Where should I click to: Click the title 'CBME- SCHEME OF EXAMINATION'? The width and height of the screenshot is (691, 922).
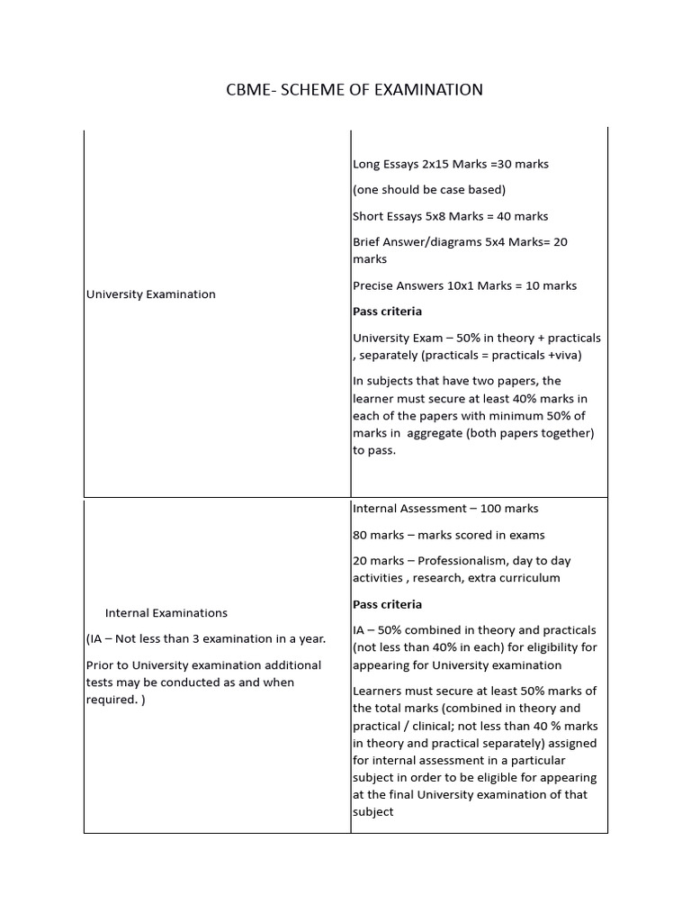tap(354, 89)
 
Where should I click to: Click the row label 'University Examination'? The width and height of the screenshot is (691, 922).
tap(150, 294)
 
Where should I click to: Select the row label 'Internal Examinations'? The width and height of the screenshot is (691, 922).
tap(166, 613)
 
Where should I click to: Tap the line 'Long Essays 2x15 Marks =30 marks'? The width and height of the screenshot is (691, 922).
tap(451, 164)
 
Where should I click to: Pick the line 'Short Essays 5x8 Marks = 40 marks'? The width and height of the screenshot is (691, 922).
tap(450, 216)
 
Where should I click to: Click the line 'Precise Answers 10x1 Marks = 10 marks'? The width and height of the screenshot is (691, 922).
tap(464, 285)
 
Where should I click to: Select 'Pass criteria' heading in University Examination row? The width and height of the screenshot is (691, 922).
tap(387, 312)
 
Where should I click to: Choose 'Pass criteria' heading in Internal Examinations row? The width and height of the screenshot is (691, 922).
tap(387, 604)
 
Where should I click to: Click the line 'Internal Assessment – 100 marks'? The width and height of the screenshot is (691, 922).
tap(445, 509)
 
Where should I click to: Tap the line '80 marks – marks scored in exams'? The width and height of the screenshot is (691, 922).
tap(448, 535)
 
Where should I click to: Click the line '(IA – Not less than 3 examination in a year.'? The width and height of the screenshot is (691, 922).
tap(206, 639)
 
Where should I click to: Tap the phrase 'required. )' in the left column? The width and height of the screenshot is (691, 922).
tap(114, 700)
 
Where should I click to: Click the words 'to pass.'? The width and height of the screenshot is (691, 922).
tap(373, 450)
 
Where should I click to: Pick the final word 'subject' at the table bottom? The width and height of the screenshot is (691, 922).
tap(372, 812)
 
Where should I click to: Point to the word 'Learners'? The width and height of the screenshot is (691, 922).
tap(378, 691)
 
